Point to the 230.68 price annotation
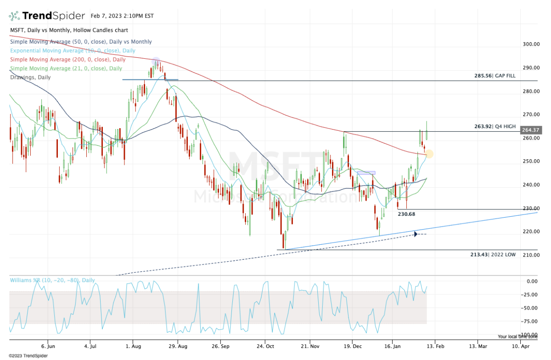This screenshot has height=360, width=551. (x=406, y=214)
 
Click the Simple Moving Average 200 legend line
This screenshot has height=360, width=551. (x=67, y=60)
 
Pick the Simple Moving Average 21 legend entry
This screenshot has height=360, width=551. (x=66, y=68)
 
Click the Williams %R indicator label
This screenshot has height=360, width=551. (x=52, y=280)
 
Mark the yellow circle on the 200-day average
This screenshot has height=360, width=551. (x=430, y=154)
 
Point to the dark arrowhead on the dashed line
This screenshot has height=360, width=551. (x=416, y=234)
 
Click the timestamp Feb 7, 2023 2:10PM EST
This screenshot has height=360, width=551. (x=122, y=16)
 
